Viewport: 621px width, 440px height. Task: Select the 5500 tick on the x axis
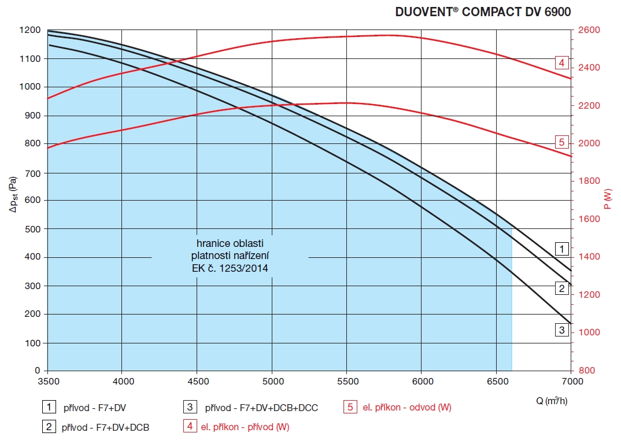pyautogui.click(x=346, y=381)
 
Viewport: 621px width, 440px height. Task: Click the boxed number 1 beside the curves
pyautogui.click(x=561, y=249)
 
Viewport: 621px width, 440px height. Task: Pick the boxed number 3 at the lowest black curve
pyautogui.click(x=561, y=330)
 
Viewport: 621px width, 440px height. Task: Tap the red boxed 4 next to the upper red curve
pyautogui.click(x=561, y=62)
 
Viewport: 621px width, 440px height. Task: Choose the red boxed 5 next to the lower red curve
pyautogui.click(x=561, y=142)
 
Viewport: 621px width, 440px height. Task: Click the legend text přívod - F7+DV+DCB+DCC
pyautogui.click(x=261, y=408)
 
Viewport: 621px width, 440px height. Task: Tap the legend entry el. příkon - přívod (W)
pyautogui.click(x=245, y=427)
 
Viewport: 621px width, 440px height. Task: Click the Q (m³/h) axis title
pyautogui.click(x=552, y=401)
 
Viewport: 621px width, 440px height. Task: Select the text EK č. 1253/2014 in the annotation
pyautogui.click(x=230, y=268)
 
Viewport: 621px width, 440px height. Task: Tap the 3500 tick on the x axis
pyautogui.click(x=47, y=381)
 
